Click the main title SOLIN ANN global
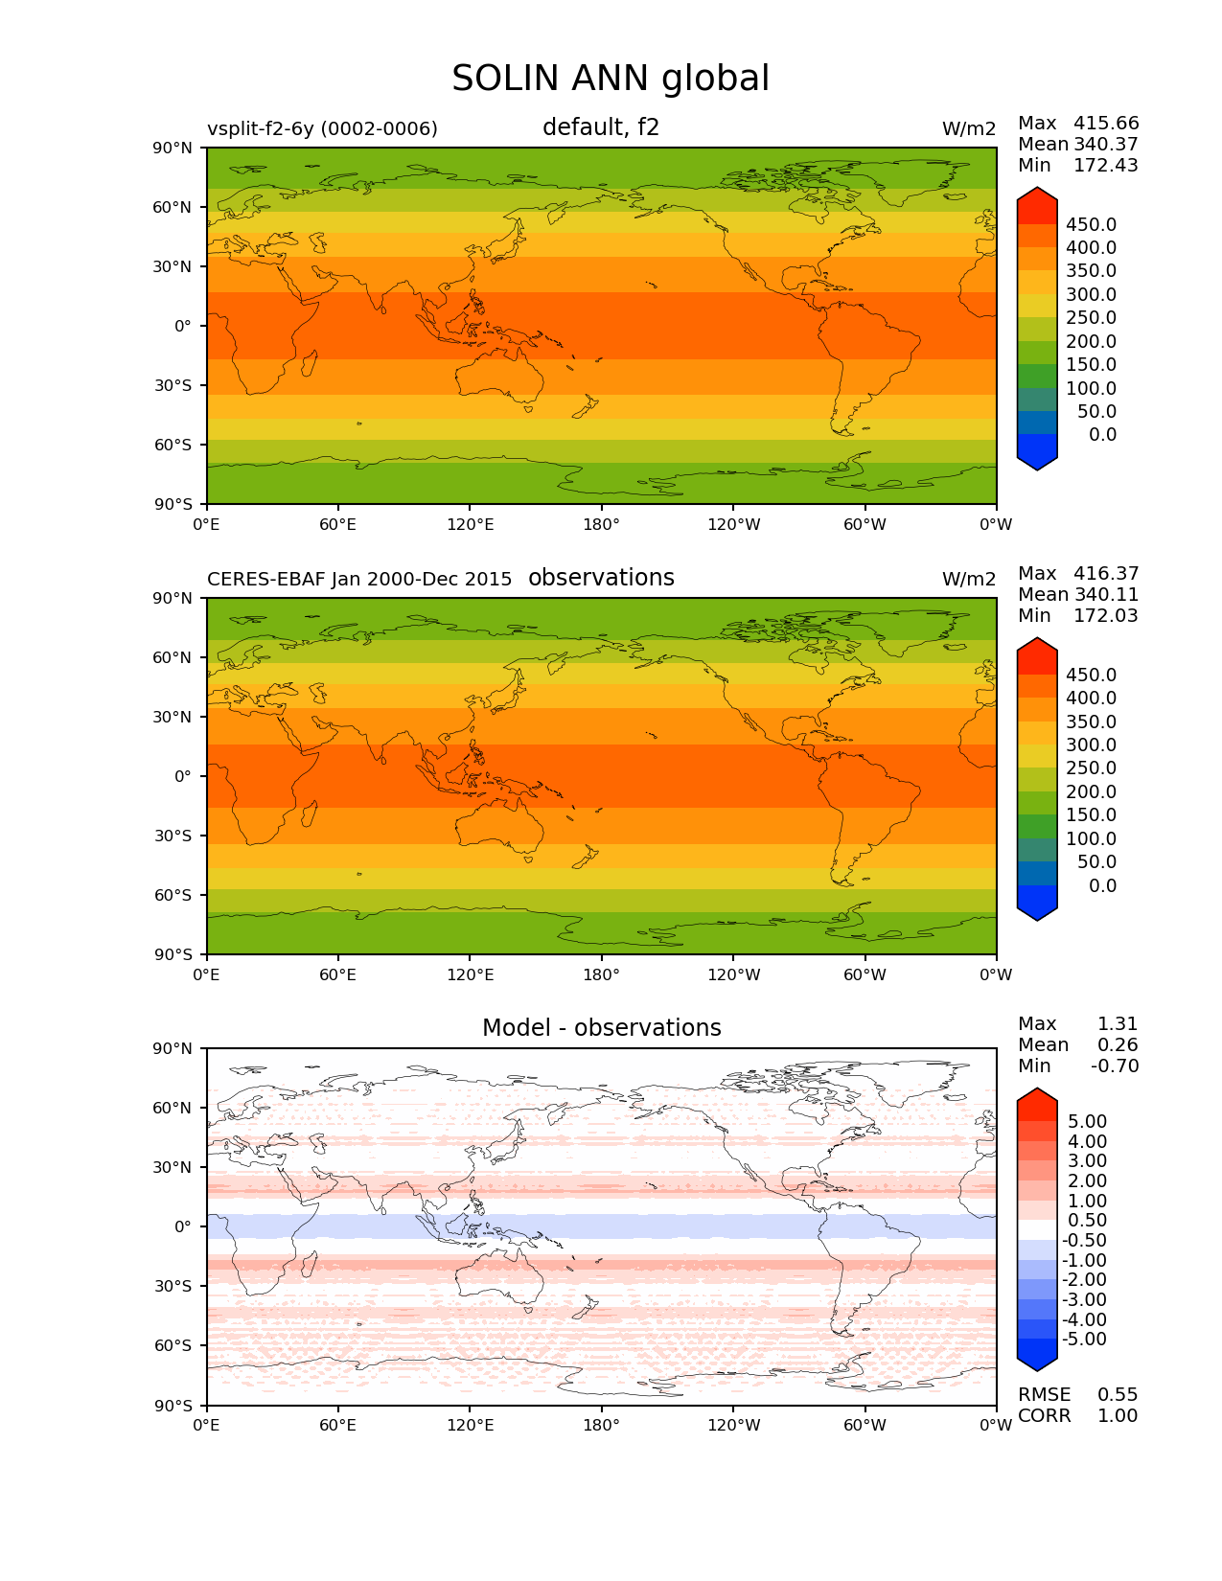point(611,79)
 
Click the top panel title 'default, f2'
point(601,127)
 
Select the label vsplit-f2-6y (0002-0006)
point(322,128)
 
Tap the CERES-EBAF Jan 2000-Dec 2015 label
point(359,579)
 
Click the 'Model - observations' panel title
point(601,1028)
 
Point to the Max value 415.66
point(1106,124)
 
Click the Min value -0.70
point(1115,1066)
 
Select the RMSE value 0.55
point(1118,1395)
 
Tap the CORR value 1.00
point(1118,1416)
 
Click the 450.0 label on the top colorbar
point(1091,225)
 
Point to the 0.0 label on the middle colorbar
point(1102,886)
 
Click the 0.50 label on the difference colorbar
point(1087,1221)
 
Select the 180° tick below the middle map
point(601,975)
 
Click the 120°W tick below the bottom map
point(733,1426)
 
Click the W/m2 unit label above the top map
point(969,129)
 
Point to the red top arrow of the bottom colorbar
point(1037,1104)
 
